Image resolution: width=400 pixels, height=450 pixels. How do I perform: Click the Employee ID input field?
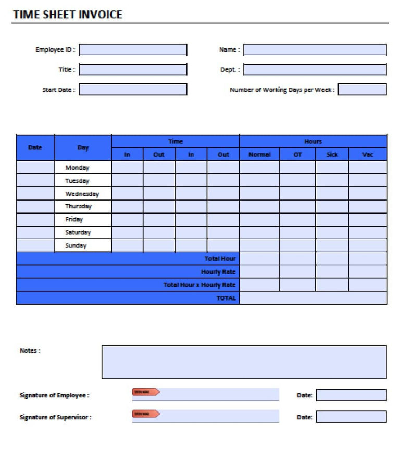pyautogui.click(x=133, y=50)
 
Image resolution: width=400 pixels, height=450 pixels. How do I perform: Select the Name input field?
pyautogui.click(x=315, y=50)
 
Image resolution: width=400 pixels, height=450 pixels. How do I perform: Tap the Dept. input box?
pyautogui.click(x=315, y=70)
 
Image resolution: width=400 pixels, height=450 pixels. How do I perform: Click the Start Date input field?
pyautogui.click(x=133, y=90)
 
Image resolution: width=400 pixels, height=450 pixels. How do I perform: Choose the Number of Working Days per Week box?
pyautogui.click(x=362, y=90)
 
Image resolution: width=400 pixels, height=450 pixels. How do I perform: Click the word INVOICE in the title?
pyautogui.click(x=101, y=15)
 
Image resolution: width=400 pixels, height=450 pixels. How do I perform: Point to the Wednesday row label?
pyautogui.click(x=82, y=194)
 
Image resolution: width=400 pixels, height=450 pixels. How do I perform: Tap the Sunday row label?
pyautogui.click(x=76, y=245)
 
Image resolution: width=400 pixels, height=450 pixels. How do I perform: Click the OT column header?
pyautogui.click(x=297, y=155)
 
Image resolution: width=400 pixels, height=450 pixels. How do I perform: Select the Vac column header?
pyautogui.click(x=368, y=155)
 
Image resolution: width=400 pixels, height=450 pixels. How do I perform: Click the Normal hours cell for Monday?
pyautogui.click(x=259, y=168)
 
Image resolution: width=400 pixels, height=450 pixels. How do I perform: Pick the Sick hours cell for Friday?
pyautogui.click(x=332, y=219)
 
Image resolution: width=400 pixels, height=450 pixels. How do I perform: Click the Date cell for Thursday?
pyautogui.click(x=35, y=207)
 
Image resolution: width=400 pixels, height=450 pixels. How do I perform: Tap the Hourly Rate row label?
pyautogui.click(x=218, y=272)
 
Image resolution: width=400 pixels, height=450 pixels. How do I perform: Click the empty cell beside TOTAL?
pyautogui.click(x=313, y=298)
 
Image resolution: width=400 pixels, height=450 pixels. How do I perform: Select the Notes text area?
pyautogui.click(x=244, y=362)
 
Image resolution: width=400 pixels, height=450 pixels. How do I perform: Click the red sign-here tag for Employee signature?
pyautogui.click(x=146, y=392)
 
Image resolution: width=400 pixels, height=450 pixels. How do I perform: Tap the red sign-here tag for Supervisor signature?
pyautogui.click(x=146, y=414)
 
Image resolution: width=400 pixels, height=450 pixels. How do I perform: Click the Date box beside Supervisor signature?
pyautogui.click(x=351, y=417)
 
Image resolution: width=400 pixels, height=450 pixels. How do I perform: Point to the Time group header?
pyautogui.click(x=176, y=142)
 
